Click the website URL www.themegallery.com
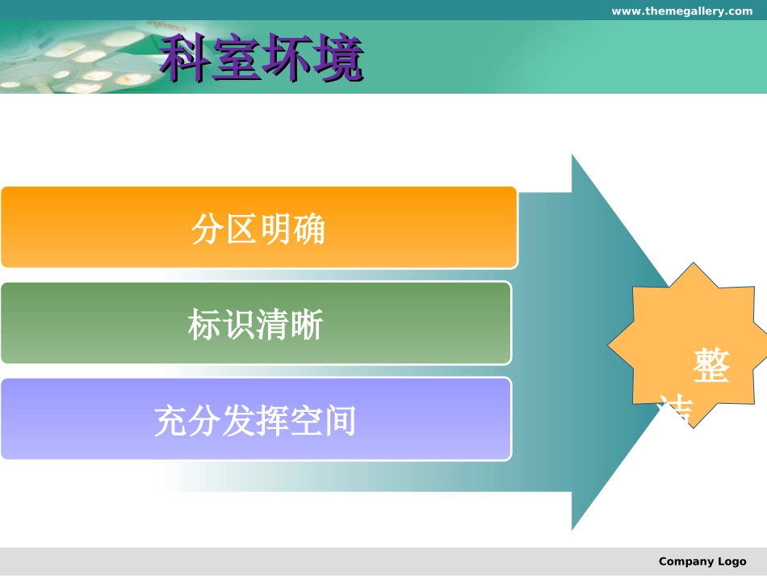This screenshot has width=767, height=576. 681,11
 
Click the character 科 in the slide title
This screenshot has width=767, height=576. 185,58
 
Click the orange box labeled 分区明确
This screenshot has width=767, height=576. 258,228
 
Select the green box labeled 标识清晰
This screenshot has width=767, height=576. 256,323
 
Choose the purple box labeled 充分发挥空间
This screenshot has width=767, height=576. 256,418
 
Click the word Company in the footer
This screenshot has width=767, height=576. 685,561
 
